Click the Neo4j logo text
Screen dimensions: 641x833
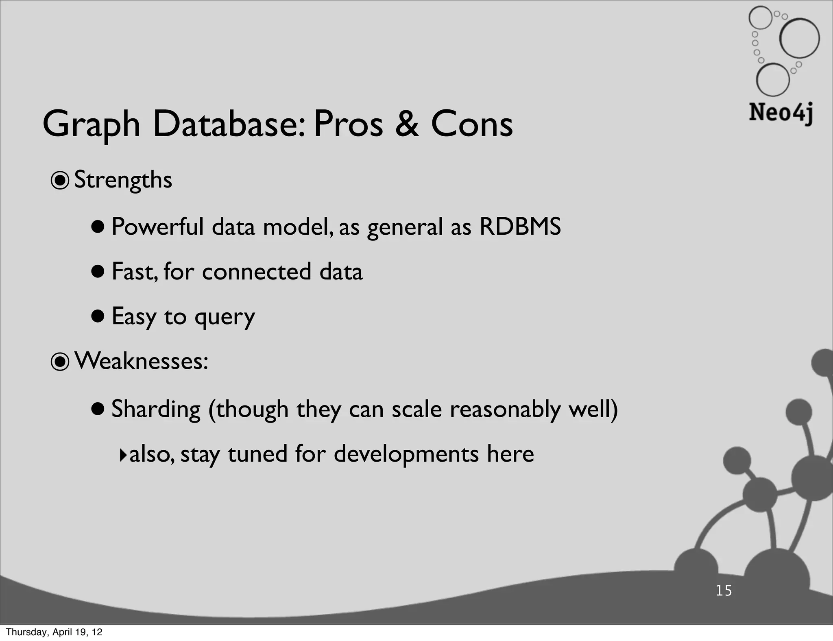(781, 113)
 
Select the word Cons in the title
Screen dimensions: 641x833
(471, 124)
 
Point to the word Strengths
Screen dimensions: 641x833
(123, 180)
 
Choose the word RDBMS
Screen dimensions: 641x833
(520, 227)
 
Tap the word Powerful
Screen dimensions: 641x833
(157, 227)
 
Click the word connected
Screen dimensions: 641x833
(256, 272)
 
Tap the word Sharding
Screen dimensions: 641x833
(156, 409)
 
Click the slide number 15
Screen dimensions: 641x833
(724, 591)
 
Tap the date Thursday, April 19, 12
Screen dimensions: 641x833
(54, 632)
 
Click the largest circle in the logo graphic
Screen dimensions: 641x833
(799, 38)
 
